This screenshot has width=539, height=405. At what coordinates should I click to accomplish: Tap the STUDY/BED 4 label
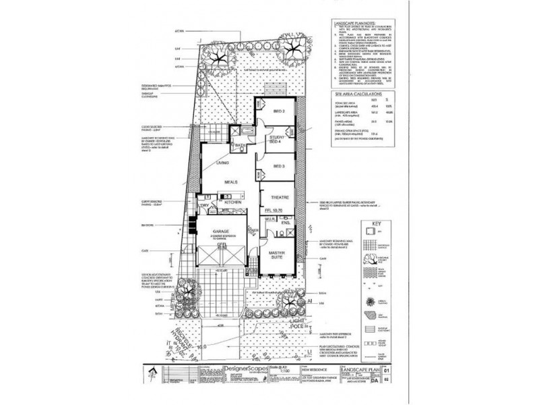pos(273,138)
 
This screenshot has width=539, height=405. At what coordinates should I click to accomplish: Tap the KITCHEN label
pos(233,202)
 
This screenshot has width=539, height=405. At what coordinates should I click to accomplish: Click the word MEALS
pos(233,180)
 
